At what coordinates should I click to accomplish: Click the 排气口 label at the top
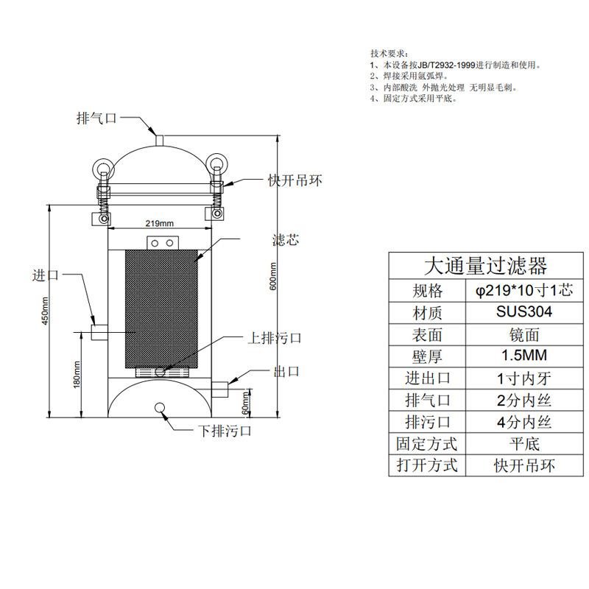tap(97, 118)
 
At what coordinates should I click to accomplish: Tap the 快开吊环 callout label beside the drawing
tap(295, 180)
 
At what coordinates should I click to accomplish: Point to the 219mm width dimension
tap(160, 224)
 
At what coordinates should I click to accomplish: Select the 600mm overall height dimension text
tap(273, 276)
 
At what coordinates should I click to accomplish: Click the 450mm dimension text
tap(45, 311)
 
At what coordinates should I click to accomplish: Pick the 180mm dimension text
tap(77, 375)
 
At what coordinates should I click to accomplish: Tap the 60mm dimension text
tap(245, 403)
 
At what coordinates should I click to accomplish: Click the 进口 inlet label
tap(46, 275)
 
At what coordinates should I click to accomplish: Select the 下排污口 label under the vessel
tap(225, 431)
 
